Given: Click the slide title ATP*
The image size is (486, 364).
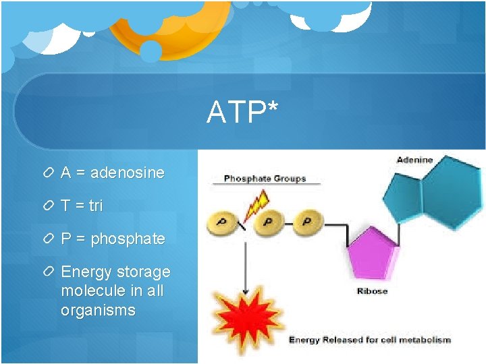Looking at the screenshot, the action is coord(242,113).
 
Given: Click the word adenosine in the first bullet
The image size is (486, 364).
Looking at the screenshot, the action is coord(127,173).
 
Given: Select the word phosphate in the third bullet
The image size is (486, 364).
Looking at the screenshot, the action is coord(128,239).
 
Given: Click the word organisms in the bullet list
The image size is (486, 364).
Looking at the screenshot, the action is coord(98,311).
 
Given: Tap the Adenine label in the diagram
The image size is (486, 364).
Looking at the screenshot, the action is coord(414,160).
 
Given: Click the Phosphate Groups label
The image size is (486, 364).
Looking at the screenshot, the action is coord(265,179).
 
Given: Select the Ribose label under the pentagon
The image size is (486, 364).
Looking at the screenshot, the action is coord(372,291).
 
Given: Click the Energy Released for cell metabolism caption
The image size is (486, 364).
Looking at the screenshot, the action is coord(369,340).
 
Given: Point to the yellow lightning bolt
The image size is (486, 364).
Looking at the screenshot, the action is coord(256,203).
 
